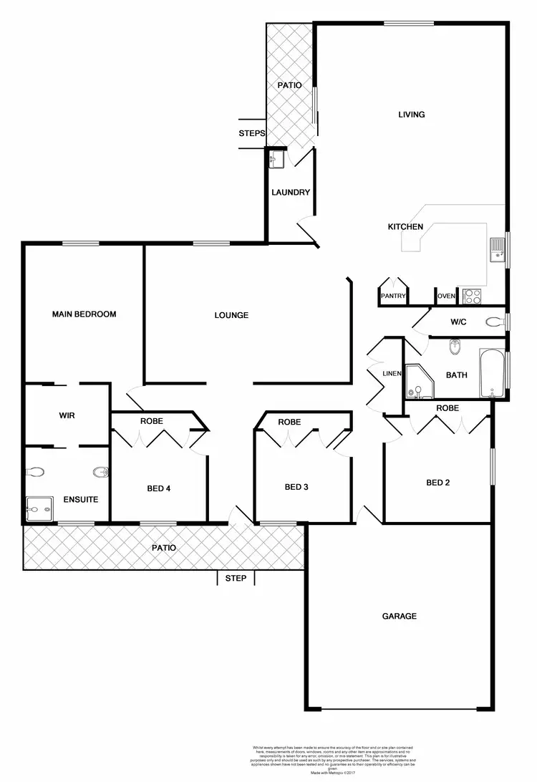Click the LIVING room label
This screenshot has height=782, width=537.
tap(412, 115)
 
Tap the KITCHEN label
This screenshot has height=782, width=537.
tap(405, 227)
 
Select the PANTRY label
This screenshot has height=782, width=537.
tap(393, 296)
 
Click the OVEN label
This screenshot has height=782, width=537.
tap(446, 296)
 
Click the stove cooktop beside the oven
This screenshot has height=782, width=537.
tap(472, 295)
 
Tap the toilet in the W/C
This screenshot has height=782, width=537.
tap(493, 322)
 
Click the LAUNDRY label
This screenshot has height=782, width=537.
tap(291, 193)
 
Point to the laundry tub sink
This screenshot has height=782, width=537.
tap(276, 159)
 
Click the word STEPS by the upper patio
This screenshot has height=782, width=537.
tap(252, 133)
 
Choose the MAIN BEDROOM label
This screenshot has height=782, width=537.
tap(84, 314)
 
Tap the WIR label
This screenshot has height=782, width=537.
tap(67, 415)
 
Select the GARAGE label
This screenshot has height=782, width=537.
tap(399, 616)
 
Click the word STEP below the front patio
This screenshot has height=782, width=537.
tap(236, 578)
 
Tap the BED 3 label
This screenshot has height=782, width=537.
tap(296, 488)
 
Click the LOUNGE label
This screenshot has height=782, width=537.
tap(231, 315)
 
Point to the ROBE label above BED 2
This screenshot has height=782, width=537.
tap(447, 408)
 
